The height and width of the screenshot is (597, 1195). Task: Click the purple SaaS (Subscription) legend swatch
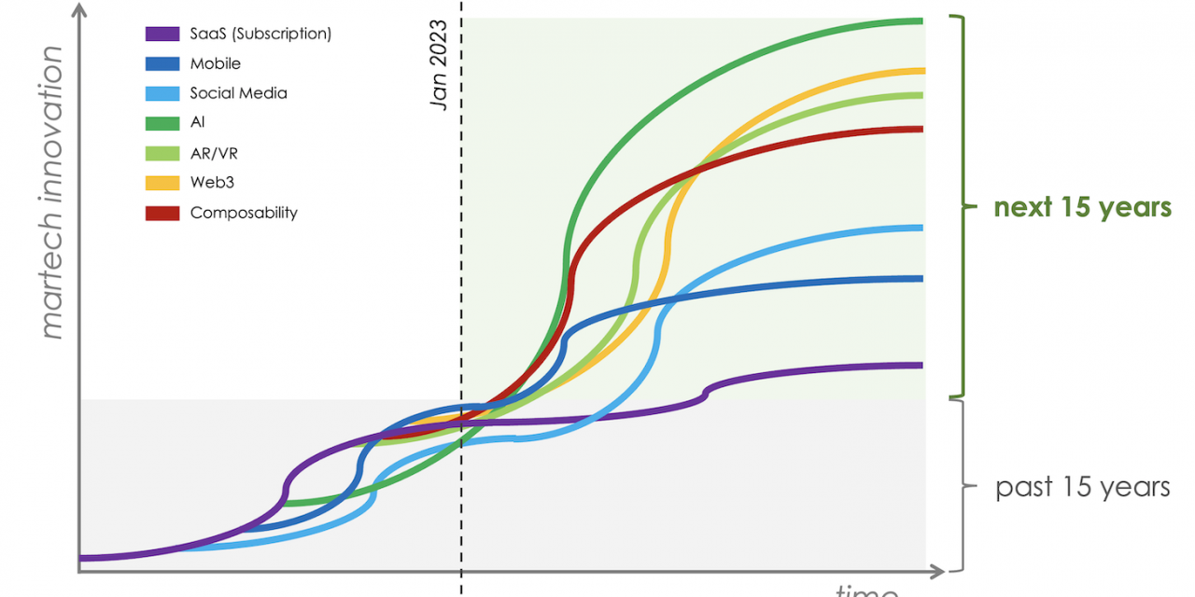pyautogui.click(x=162, y=34)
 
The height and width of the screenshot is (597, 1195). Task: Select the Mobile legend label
pyautogui.click(x=215, y=63)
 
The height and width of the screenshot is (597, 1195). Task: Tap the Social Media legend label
pyautogui.click(x=238, y=93)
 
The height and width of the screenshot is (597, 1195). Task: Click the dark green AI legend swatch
pyautogui.click(x=162, y=123)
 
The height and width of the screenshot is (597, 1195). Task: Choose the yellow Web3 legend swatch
pyautogui.click(x=162, y=183)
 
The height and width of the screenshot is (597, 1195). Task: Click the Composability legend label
pyautogui.click(x=244, y=213)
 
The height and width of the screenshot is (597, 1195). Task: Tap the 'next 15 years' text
pyautogui.click(x=1082, y=207)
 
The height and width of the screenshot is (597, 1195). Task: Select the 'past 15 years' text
pyautogui.click(x=1082, y=487)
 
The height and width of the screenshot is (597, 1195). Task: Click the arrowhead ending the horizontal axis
pyautogui.click(x=936, y=569)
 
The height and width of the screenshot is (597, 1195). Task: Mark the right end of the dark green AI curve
pyautogui.click(x=921, y=21)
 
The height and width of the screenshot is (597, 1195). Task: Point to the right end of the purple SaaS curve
pyautogui.click(x=921, y=365)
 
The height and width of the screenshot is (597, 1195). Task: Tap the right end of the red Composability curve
pyautogui.click(x=921, y=129)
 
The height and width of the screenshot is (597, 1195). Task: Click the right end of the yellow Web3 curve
pyautogui.click(x=921, y=70)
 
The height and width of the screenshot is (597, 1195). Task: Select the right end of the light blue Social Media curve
pyautogui.click(x=921, y=228)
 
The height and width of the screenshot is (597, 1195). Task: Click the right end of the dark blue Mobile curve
pyautogui.click(x=921, y=278)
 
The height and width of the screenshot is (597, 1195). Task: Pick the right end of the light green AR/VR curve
pyautogui.click(x=921, y=95)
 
